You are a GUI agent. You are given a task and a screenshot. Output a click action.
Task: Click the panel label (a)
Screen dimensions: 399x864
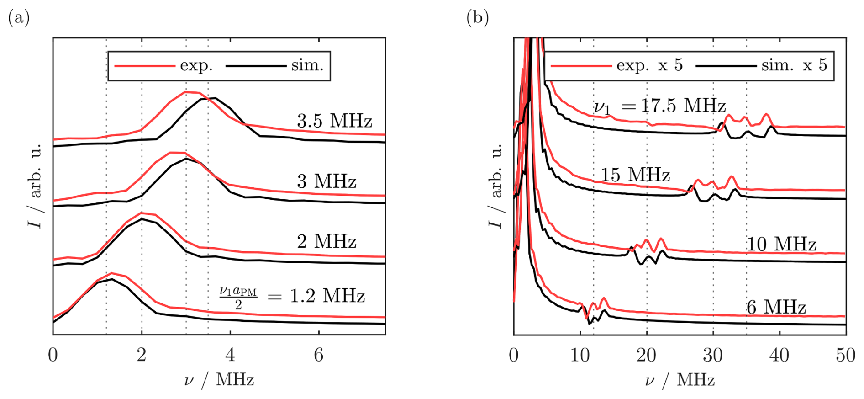point(19,18)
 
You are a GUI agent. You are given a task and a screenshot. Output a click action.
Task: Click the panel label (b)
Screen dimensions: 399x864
point(478,18)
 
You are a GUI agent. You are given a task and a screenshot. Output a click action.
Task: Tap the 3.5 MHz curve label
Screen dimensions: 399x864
point(334,121)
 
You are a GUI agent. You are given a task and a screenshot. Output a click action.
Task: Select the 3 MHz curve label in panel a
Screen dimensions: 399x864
point(326,181)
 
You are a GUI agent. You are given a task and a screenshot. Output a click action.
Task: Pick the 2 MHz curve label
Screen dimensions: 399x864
point(326,241)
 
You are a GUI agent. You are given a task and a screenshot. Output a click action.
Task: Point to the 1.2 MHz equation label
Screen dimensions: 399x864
point(292,297)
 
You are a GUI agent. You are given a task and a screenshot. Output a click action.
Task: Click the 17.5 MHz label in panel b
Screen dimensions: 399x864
point(660,106)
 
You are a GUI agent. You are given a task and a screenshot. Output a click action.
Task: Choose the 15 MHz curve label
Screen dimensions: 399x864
point(635,175)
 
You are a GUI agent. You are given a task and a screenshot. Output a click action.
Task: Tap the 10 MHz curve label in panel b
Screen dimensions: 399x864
point(781,245)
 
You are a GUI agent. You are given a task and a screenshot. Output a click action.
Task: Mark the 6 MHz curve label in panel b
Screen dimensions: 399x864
point(776,307)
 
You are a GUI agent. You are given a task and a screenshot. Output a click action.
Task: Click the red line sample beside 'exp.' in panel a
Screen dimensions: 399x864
point(144,66)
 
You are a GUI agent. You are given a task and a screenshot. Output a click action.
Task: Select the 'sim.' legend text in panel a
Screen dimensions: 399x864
point(307,66)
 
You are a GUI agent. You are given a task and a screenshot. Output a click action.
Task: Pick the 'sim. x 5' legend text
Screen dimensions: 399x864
point(794,66)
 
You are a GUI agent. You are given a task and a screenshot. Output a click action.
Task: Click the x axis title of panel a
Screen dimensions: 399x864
point(219,380)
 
